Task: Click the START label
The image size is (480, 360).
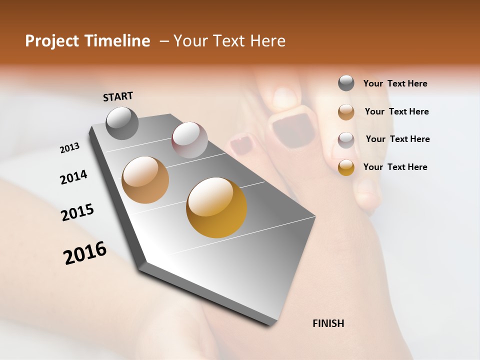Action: click(x=118, y=96)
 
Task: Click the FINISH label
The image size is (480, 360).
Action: click(x=328, y=323)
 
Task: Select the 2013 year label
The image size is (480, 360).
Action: click(x=69, y=148)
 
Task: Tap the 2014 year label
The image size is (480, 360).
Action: click(x=73, y=177)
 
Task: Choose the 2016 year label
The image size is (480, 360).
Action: click(x=85, y=253)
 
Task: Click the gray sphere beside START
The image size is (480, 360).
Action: click(x=122, y=123)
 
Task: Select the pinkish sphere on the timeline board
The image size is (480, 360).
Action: click(x=189, y=140)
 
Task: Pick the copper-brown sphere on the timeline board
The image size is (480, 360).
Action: click(x=145, y=180)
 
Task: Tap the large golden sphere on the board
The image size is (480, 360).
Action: click(x=216, y=207)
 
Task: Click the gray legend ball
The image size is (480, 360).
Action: click(x=346, y=83)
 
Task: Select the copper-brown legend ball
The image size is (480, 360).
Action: click(x=346, y=111)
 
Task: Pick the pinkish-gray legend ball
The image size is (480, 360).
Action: click(x=346, y=139)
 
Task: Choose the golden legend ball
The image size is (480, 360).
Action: click(x=346, y=167)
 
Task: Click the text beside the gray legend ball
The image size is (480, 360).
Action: click(x=395, y=84)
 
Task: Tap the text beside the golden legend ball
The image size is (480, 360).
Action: click(x=395, y=167)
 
